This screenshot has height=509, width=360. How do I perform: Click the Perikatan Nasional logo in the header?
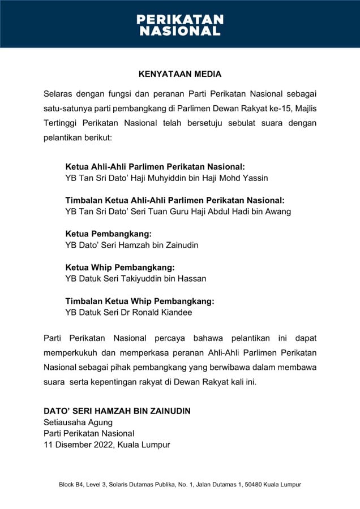180,25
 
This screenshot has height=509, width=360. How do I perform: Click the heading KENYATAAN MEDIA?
180,74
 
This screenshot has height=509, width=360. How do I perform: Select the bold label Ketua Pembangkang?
109,234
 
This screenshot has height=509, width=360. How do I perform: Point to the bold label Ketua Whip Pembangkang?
120,267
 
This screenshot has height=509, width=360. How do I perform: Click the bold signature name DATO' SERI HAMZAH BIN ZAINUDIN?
117,411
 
